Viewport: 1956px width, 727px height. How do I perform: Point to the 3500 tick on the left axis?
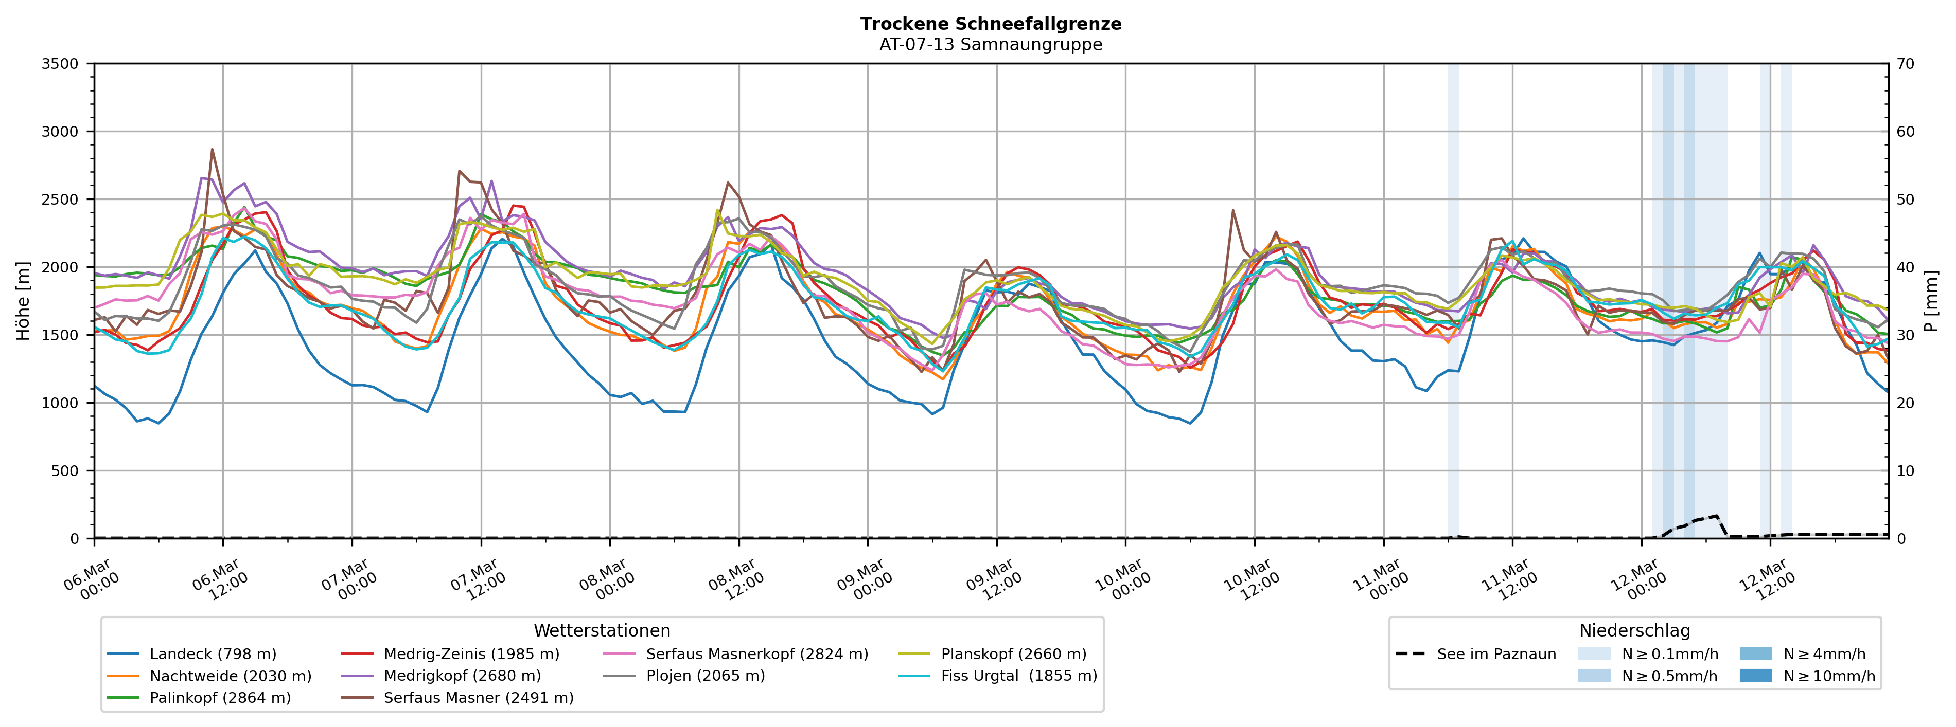(60, 64)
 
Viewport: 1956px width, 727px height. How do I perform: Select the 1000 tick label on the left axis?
(60, 403)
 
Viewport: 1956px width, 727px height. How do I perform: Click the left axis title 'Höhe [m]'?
(24, 301)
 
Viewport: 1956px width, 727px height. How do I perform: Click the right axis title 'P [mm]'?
(1931, 301)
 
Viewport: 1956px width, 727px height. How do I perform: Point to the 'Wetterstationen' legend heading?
(602, 631)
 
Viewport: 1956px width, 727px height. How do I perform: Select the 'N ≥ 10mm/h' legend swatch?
(1755, 676)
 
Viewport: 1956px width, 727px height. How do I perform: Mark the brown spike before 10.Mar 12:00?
(1233, 210)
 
